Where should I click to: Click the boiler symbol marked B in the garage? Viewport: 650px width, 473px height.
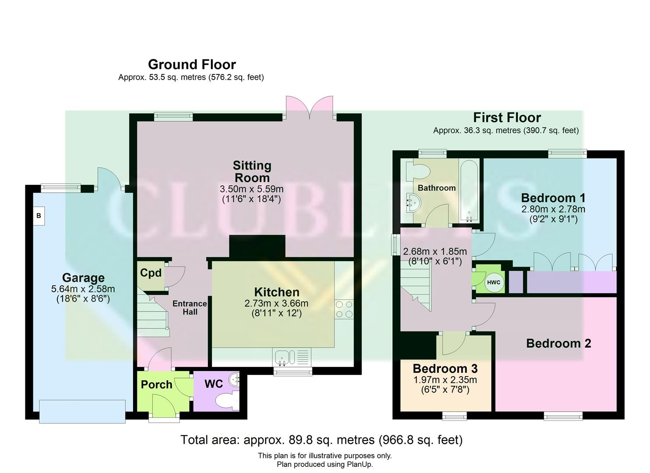click(x=39, y=216)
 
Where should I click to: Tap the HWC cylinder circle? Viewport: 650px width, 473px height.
click(x=493, y=282)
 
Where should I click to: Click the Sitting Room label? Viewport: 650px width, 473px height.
click(x=252, y=172)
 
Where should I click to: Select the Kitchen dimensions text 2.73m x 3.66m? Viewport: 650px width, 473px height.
click(x=277, y=304)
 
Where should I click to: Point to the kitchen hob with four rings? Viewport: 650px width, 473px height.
click(x=344, y=309)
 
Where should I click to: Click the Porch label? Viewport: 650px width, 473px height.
click(x=156, y=385)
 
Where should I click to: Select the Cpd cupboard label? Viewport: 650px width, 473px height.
click(x=151, y=273)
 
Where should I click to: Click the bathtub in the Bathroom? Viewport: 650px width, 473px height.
click(x=469, y=191)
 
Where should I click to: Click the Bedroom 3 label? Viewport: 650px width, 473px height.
click(x=445, y=369)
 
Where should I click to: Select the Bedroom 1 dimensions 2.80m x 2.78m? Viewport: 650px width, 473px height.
click(x=553, y=209)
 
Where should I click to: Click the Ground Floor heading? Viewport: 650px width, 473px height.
click(x=192, y=64)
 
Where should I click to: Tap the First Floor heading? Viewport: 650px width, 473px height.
click(x=506, y=117)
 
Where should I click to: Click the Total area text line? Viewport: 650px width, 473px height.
click(x=321, y=439)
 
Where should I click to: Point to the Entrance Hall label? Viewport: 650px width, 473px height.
click(x=190, y=307)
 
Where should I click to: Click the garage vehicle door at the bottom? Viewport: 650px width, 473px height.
click(x=82, y=411)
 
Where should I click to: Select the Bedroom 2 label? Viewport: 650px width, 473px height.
click(x=558, y=343)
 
